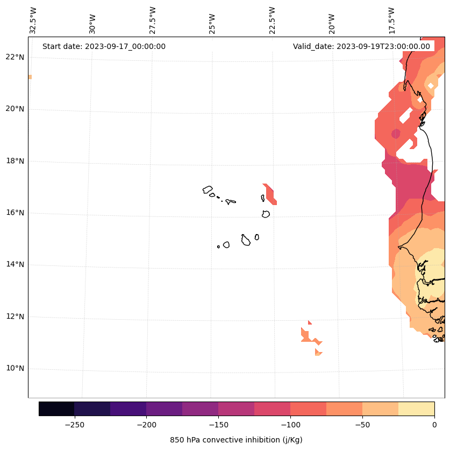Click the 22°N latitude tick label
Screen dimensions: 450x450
tap(15, 57)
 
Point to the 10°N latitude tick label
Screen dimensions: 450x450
tap(15, 369)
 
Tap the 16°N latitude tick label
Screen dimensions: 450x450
tap(15, 213)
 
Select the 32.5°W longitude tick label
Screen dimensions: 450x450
tap(33, 20)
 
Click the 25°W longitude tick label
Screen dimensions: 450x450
tap(212, 23)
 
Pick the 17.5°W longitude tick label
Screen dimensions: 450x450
tap(391, 20)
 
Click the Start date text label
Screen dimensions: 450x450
tap(104, 46)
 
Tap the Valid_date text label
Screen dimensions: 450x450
tap(361, 46)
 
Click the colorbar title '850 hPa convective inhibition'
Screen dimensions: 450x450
tap(236, 440)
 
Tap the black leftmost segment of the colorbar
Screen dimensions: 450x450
tap(56, 409)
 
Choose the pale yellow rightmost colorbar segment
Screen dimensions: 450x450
tap(417, 409)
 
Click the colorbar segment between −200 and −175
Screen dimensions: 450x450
tap(165, 409)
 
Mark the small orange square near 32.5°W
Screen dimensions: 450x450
tap(30, 77)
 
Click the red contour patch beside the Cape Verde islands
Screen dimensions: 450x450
tap(270, 194)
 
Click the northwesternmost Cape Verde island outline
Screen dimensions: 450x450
tap(208, 189)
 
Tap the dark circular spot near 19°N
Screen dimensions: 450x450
tap(396, 133)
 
